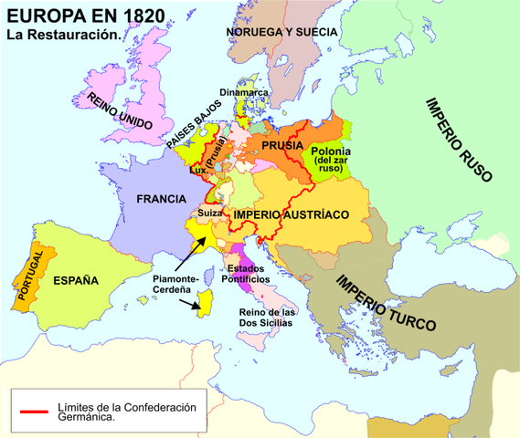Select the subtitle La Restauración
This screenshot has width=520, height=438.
point(63,35)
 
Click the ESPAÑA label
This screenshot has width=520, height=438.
point(75,280)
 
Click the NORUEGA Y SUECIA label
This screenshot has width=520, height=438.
point(282,32)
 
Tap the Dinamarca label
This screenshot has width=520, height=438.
point(244,91)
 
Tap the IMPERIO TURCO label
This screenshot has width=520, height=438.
point(385,302)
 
